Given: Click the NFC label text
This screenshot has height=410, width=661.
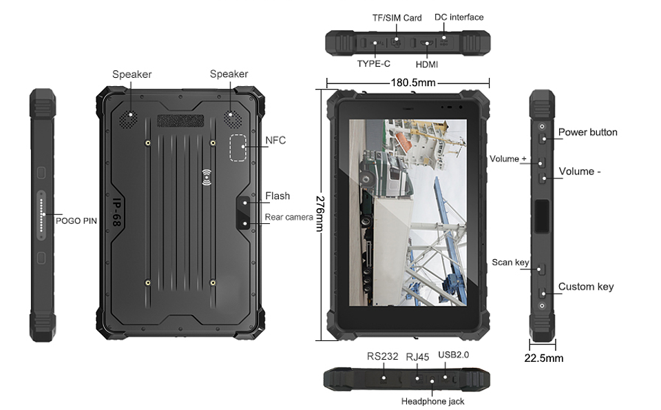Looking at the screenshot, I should pyautogui.click(x=275, y=141).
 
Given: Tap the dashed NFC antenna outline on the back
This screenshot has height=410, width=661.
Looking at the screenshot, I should pyautogui.click(x=238, y=147).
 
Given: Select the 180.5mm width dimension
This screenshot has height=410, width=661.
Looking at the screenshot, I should pyautogui.click(x=408, y=83).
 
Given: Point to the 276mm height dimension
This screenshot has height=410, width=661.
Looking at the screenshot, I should pyautogui.click(x=320, y=214).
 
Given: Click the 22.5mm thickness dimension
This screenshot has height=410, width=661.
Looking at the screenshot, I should pyautogui.click(x=543, y=358).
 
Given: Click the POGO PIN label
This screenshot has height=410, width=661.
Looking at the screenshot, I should pyautogui.click(x=75, y=221).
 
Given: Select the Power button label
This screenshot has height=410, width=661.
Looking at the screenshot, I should pyautogui.click(x=587, y=132).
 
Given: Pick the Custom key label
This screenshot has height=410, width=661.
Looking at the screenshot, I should pyautogui.click(x=585, y=287).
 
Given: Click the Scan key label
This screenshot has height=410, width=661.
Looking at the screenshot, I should pyautogui.click(x=510, y=263).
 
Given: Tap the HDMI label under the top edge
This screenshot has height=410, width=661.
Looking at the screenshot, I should pyautogui.click(x=427, y=64).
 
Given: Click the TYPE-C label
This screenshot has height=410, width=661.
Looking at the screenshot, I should pyautogui.click(x=374, y=64).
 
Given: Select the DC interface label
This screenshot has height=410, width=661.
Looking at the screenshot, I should pyautogui.click(x=459, y=17).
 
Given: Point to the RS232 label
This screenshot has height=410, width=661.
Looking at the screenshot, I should pyautogui.click(x=382, y=356).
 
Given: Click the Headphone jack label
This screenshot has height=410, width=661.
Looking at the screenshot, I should pyautogui.click(x=432, y=401).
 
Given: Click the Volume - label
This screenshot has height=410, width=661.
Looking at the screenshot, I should pyautogui.click(x=579, y=172).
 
